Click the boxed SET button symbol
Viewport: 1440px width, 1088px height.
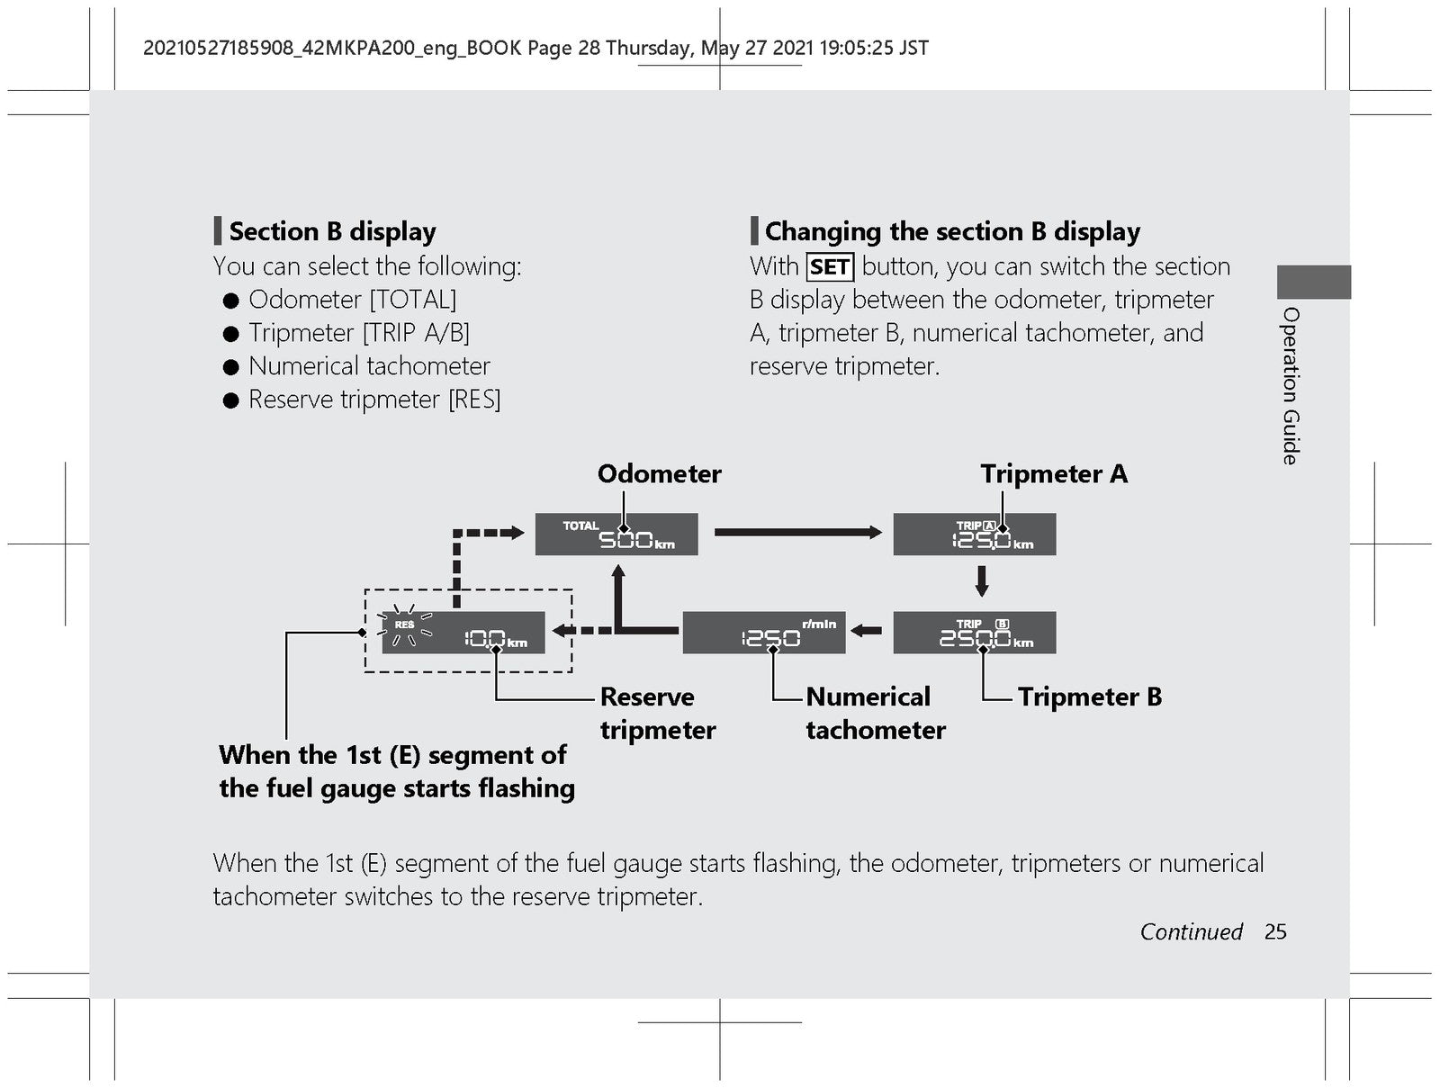pos(830,267)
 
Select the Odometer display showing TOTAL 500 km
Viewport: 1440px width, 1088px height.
pos(616,534)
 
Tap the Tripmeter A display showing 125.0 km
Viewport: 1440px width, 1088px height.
pos(974,534)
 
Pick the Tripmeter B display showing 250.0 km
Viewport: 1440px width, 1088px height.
pos(974,633)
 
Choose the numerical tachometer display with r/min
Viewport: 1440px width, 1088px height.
pos(763,633)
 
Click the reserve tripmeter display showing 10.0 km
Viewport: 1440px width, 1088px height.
pos(463,633)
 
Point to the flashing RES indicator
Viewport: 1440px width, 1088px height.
pos(404,625)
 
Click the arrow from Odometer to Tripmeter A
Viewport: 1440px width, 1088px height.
pos(798,532)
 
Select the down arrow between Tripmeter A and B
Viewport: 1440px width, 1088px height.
pos(981,581)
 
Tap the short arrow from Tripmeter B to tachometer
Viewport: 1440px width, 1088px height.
pos(866,631)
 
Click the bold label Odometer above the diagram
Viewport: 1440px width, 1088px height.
pos(659,473)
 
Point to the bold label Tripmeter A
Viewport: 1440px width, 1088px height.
pos(1054,473)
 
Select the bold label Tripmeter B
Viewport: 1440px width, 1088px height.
pos(1090,697)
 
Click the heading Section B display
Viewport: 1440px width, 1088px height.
pos(333,231)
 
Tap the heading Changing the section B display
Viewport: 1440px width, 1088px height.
pos(952,231)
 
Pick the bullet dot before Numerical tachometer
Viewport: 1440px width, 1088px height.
pos(231,366)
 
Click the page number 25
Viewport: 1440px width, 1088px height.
pos(1275,932)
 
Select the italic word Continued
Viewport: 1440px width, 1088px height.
pos(1192,932)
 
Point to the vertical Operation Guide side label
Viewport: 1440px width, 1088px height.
pos(1291,386)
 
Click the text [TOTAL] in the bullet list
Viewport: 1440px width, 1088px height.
pos(412,300)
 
